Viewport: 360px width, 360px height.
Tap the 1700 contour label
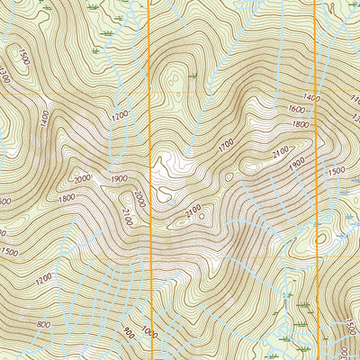point(225,142)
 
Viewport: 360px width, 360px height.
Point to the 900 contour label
point(130,332)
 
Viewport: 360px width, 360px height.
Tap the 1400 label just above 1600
point(312,96)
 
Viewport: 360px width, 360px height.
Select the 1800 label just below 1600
point(301,124)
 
